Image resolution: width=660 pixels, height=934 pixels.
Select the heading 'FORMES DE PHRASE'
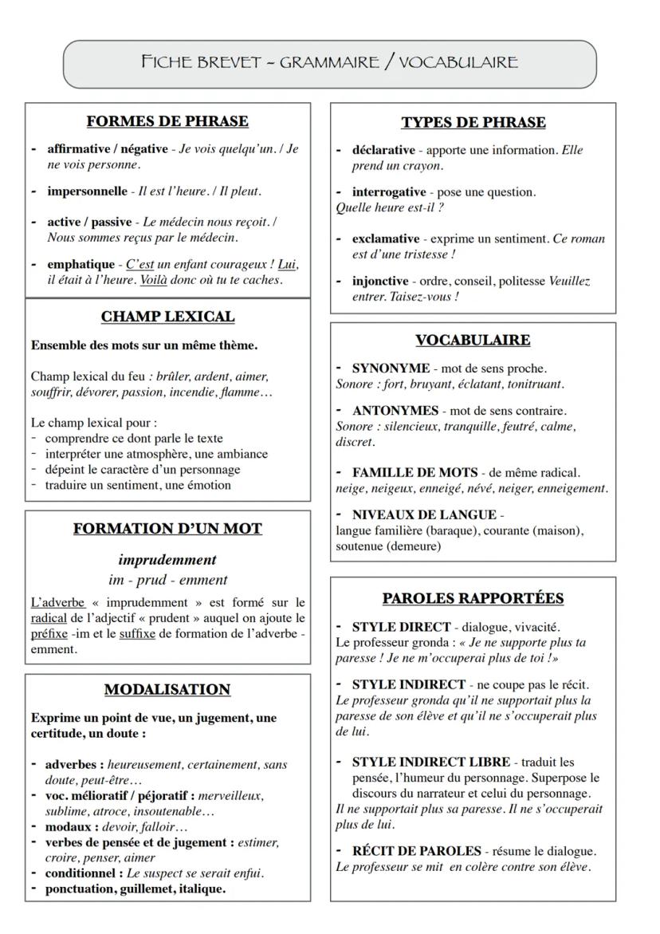tap(167, 122)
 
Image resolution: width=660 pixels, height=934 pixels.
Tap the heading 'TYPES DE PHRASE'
tap(473, 122)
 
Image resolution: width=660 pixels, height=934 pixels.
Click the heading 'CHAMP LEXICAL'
tap(167, 317)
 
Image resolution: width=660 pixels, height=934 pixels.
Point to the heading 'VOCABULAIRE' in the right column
tap(473, 341)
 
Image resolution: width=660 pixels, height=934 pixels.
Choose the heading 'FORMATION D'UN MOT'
tap(167, 529)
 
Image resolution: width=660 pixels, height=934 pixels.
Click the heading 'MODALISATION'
tap(167, 689)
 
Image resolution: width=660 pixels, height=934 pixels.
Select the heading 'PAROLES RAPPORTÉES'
tap(473, 598)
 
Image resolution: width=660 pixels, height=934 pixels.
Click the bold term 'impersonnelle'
tap(84, 191)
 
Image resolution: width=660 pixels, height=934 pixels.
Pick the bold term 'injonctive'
tap(385, 282)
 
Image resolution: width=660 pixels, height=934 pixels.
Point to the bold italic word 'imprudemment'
tap(167, 559)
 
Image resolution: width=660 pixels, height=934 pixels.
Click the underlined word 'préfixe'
tap(49, 635)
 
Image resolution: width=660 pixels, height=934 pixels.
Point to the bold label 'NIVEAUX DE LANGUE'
tap(413, 515)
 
